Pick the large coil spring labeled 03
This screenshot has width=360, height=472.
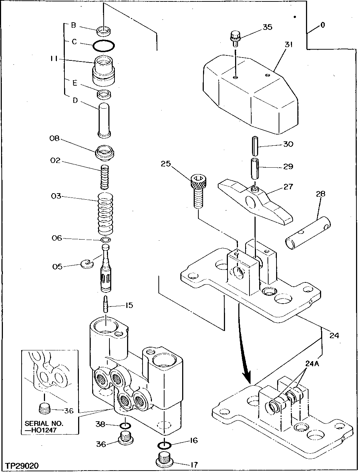click(x=106, y=213)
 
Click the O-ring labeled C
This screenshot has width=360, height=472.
click(x=104, y=46)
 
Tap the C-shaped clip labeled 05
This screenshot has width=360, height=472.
click(x=87, y=265)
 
